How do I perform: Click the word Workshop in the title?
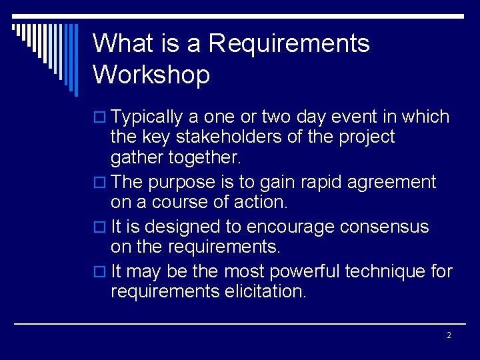click(151, 74)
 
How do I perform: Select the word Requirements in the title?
click(289, 43)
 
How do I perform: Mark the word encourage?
click(291, 227)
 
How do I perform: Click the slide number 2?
click(449, 335)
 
